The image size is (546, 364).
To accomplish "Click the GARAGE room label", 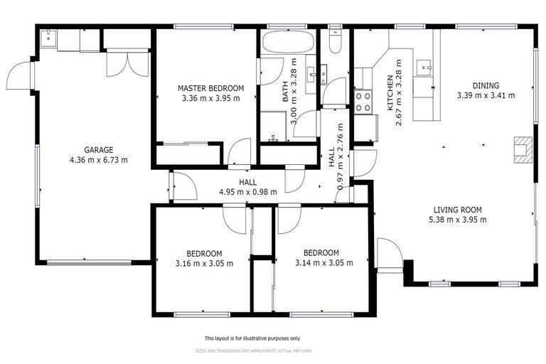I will tap(99, 150).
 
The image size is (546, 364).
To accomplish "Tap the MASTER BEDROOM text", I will tap(210, 88).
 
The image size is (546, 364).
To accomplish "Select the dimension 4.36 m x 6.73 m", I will tap(99, 160).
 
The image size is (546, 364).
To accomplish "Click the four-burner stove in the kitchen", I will tap(363, 101).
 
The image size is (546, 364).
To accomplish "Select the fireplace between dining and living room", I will tap(523, 149).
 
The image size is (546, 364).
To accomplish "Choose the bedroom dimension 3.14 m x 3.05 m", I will tap(321, 262).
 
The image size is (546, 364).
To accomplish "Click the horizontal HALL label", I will tap(247, 182).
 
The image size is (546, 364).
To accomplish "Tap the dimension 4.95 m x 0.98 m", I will tap(247, 192).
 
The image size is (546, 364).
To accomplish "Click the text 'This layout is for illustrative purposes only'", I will tap(252, 338).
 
